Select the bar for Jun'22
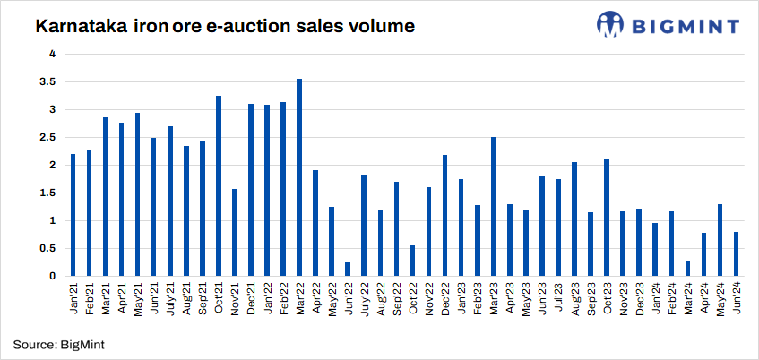click(348, 269)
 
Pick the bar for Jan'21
click(73, 215)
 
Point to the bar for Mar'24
click(687, 268)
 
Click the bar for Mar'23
click(494, 206)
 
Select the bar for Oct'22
click(412, 261)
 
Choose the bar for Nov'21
click(235, 232)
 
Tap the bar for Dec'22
click(444, 215)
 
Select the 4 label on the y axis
click(53, 54)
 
